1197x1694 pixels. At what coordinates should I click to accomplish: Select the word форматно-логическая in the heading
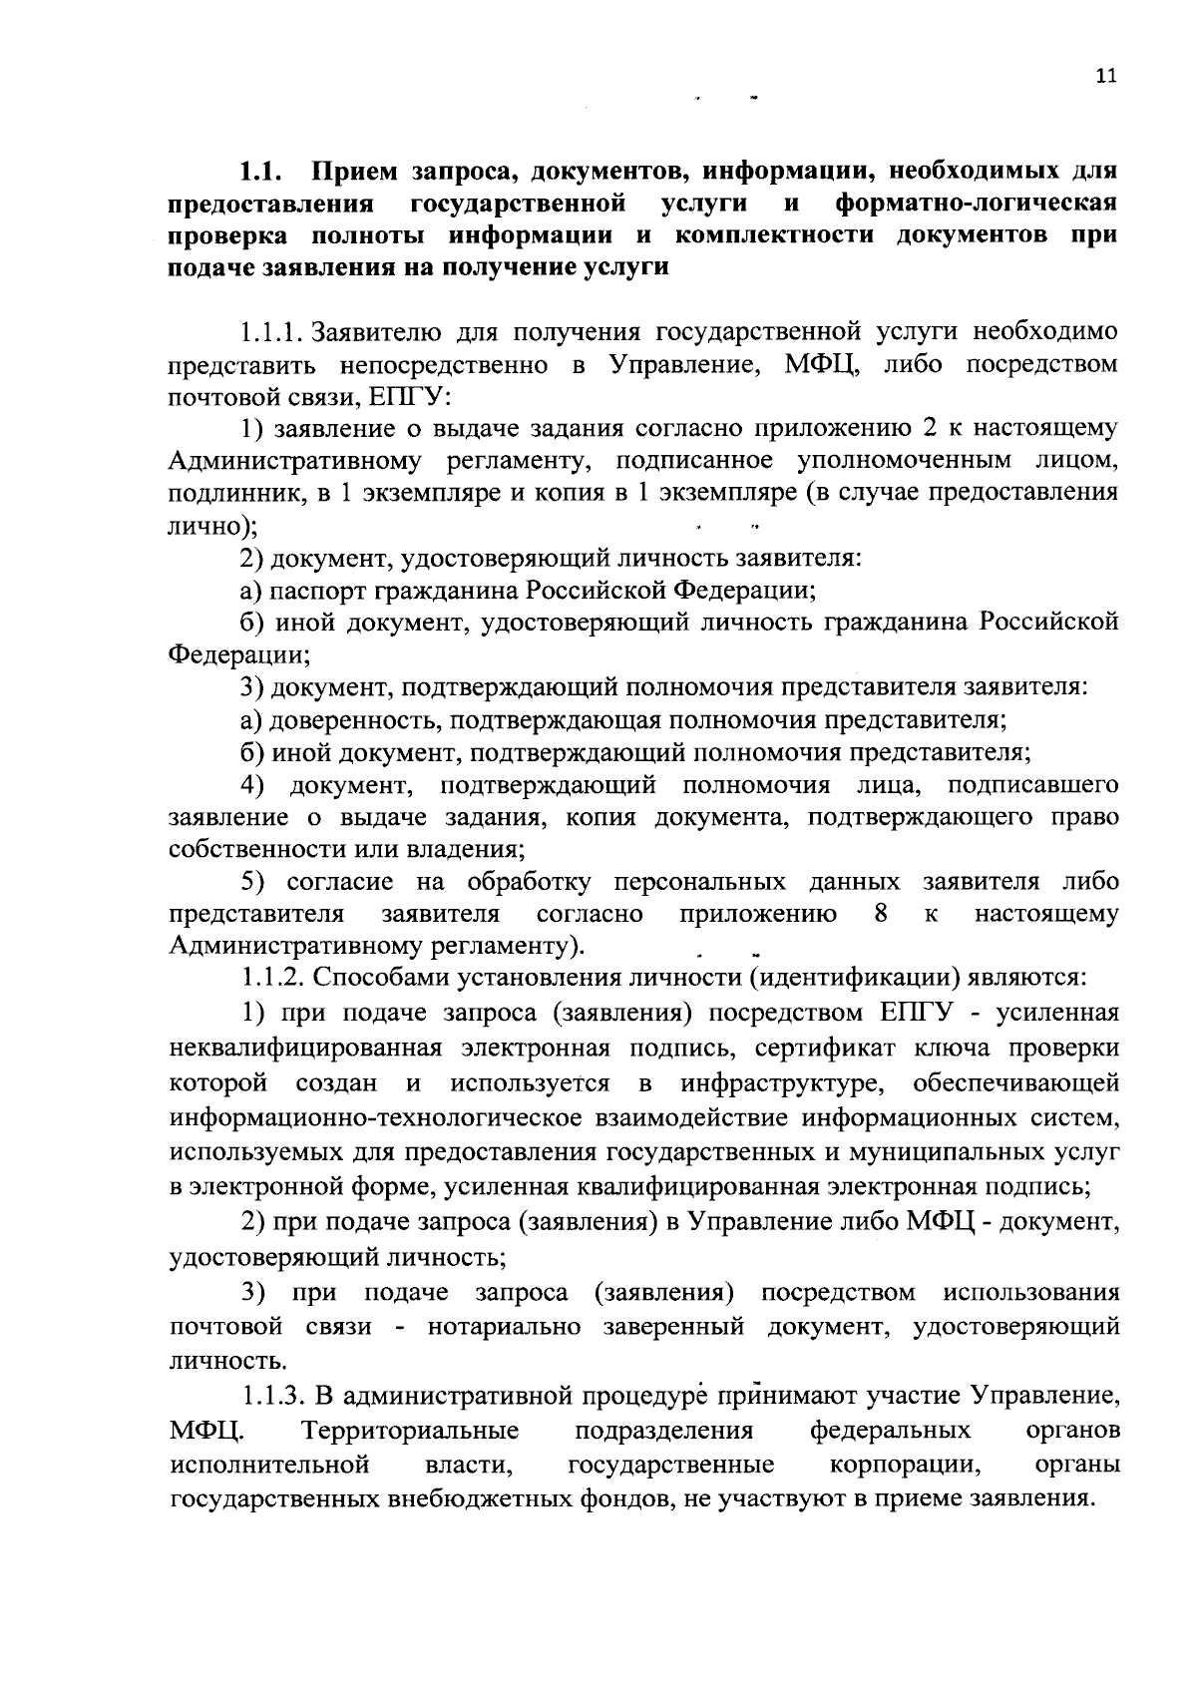coord(976,204)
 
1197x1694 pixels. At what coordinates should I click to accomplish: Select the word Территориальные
coord(410,1431)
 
